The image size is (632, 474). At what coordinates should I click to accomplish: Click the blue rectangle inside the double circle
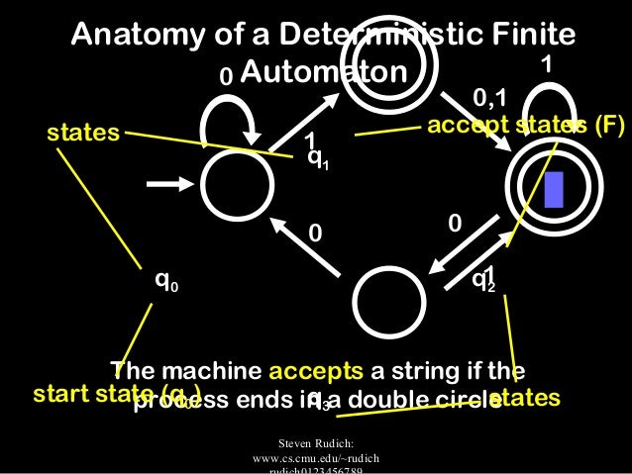click(x=554, y=189)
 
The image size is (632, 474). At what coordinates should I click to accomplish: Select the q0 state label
click(x=165, y=280)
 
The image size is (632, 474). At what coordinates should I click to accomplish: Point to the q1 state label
click(x=318, y=157)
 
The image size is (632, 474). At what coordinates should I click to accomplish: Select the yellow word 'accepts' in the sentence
click(x=314, y=372)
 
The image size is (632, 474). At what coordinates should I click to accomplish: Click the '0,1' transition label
click(x=490, y=97)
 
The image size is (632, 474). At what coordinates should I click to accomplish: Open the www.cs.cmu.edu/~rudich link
click(x=317, y=459)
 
